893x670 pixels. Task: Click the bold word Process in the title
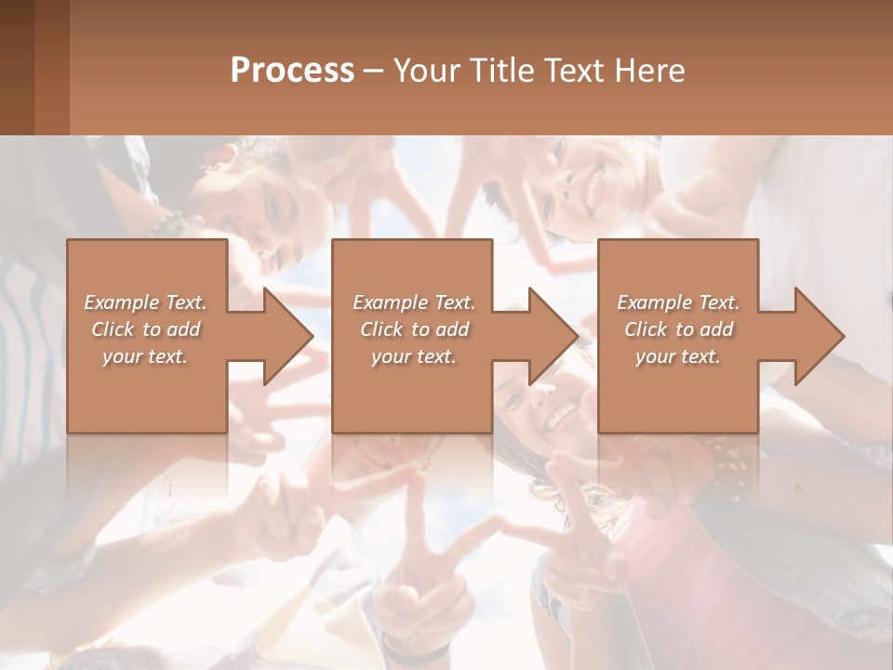(x=292, y=71)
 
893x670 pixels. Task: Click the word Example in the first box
(x=122, y=302)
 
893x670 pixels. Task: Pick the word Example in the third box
(x=655, y=302)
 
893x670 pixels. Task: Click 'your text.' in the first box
(x=145, y=356)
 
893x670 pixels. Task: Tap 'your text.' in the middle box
(x=414, y=356)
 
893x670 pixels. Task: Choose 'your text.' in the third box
(x=678, y=356)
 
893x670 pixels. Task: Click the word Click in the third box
(x=646, y=329)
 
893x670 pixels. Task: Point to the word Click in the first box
(x=113, y=329)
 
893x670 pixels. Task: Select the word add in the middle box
(x=452, y=329)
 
